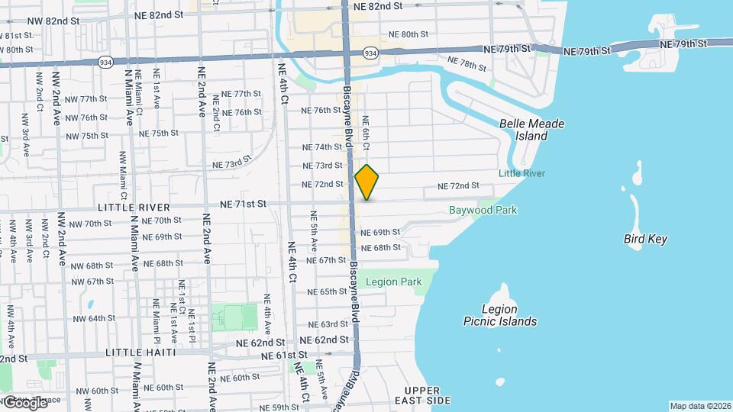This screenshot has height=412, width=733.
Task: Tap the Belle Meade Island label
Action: click(x=524, y=129)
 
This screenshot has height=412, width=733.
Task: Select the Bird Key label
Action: click(x=645, y=239)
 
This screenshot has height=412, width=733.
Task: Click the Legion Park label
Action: click(x=393, y=282)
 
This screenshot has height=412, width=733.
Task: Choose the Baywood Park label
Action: click(x=483, y=210)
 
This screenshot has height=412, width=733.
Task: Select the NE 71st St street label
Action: click(x=243, y=204)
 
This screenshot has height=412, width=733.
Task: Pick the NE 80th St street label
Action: click(x=408, y=34)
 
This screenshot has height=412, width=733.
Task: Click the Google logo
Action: click(x=25, y=402)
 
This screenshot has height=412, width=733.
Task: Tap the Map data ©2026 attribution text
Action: click(x=699, y=406)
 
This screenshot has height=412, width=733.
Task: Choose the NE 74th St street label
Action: click(x=322, y=146)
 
